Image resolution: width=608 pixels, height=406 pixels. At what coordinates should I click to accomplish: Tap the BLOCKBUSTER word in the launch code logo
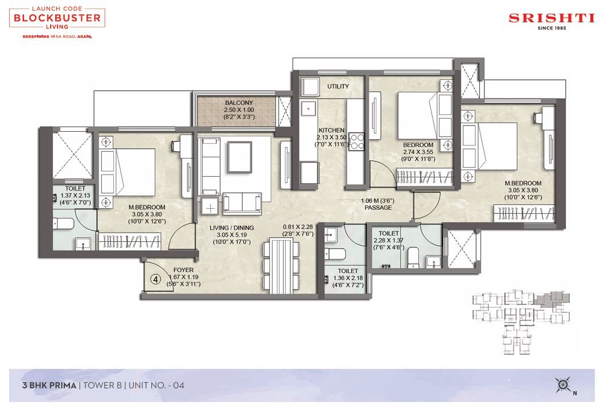(x=57, y=18)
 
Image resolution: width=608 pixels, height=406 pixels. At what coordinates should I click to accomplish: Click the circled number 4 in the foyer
(x=155, y=279)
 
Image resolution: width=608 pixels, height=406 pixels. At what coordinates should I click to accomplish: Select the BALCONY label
(x=239, y=103)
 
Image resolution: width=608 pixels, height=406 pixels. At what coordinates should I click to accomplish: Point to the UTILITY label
(x=338, y=86)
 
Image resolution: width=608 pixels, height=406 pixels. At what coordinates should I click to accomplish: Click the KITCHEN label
(x=331, y=130)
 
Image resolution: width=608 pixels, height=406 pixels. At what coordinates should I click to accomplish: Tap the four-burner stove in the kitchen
(x=356, y=142)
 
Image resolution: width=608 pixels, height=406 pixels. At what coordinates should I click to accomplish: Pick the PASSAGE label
(x=378, y=208)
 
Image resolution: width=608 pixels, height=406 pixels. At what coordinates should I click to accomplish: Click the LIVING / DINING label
(x=232, y=228)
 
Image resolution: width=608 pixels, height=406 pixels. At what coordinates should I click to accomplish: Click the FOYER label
(x=183, y=270)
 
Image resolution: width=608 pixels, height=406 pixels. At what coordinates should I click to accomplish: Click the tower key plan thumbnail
(x=521, y=322)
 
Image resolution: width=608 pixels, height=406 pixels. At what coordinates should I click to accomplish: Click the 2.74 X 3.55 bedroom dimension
(x=418, y=152)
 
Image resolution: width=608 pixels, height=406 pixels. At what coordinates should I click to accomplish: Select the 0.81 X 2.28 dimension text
(x=298, y=227)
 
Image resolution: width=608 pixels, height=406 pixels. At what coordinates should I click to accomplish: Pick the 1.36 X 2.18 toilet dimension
(x=348, y=278)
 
